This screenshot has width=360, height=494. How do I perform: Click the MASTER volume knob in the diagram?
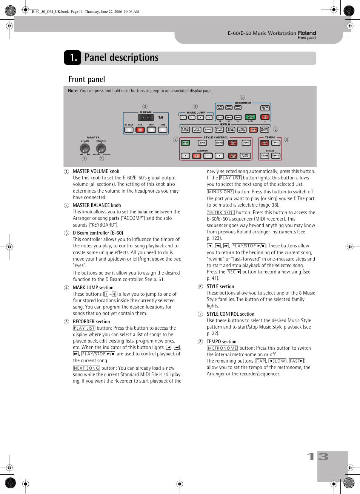pyautogui.click(x=85, y=148)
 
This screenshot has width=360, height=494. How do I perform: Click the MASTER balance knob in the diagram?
pyautogui.click(x=101, y=148)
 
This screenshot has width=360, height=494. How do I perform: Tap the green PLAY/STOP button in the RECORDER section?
pyautogui.click(x=250, y=117)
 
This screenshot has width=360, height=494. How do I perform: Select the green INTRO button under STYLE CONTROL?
pyautogui.click(x=185, y=143)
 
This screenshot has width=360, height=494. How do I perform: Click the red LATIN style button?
pyautogui.click(x=253, y=130)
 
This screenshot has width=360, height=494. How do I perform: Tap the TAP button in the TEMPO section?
pyautogui.click(x=276, y=143)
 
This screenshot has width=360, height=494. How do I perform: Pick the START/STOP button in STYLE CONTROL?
pyautogui.click(x=245, y=156)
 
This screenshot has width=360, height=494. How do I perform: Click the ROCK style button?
pyautogui.click(x=208, y=130)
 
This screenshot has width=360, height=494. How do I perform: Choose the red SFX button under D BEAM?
pyautogui.click(x=140, y=130)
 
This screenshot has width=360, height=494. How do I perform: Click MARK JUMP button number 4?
pyautogui.click(x=209, y=117)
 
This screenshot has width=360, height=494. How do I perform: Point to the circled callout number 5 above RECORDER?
pyautogui.click(x=242, y=97)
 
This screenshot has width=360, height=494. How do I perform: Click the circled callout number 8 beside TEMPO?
pyautogui.click(x=286, y=139)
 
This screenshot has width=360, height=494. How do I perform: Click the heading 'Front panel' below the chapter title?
pyautogui.click(x=87, y=79)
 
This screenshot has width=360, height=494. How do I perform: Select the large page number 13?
pyautogui.click(x=318, y=457)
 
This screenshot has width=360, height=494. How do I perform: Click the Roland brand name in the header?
pyautogui.click(x=307, y=33)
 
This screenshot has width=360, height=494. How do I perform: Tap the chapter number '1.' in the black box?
pyautogui.click(x=73, y=57)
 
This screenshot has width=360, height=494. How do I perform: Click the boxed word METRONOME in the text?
pyautogui.click(x=222, y=348)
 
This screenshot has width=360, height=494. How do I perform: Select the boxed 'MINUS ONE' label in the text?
pyautogui.click(x=220, y=192)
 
